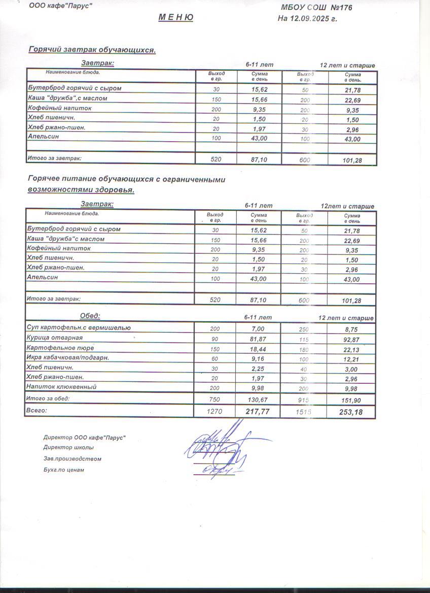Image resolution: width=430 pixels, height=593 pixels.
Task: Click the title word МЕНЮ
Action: pyautogui.click(x=176, y=17)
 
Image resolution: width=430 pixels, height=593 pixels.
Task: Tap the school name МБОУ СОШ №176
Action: pyautogui.click(x=316, y=8)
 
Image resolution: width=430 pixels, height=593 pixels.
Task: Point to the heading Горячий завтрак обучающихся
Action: pyautogui.click(x=92, y=50)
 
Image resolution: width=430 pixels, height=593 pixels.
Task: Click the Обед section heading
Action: pyautogui.click(x=90, y=316)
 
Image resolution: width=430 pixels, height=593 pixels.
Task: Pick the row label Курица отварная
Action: pyautogui.click(x=54, y=338)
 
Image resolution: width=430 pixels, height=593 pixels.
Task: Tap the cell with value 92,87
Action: pyautogui.click(x=350, y=339)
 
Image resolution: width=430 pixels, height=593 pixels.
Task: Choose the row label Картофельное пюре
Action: pyautogui.click(x=60, y=348)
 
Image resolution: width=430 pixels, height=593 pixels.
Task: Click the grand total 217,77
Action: pyautogui.click(x=258, y=412)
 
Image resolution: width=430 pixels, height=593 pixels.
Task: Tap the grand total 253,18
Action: pyautogui.click(x=350, y=412)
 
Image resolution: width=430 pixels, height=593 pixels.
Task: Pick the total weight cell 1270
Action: pyautogui.click(x=215, y=412)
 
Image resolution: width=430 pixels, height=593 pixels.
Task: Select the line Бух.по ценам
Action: pyautogui.click(x=64, y=470)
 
